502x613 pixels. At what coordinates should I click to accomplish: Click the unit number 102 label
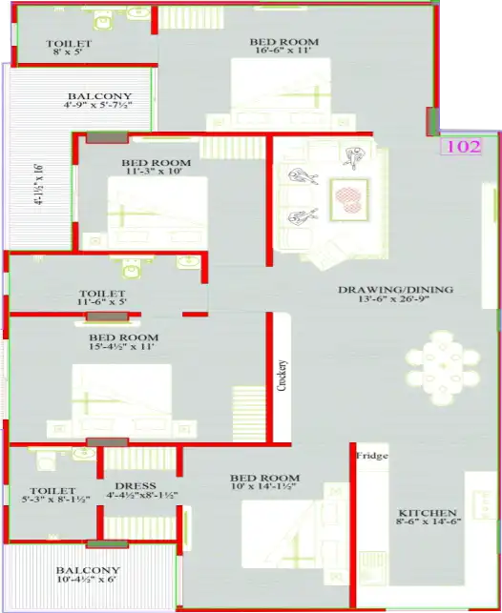[461, 147]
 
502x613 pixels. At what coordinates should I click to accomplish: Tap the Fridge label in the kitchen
[372, 457]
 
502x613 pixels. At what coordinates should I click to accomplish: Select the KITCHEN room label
[428, 512]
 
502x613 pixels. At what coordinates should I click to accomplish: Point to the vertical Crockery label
[283, 376]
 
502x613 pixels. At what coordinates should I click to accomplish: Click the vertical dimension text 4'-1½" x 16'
[39, 185]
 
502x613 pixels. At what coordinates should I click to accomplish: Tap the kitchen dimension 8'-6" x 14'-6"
[428, 522]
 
